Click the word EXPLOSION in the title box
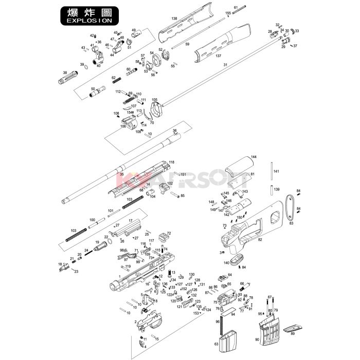click(x=86, y=21)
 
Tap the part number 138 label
click(x=174, y=19)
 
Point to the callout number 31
click(x=225, y=65)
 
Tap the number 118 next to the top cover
click(x=172, y=162)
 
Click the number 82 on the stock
click(x=260, y=240)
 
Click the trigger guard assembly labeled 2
click(x=150, y=322)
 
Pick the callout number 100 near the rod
click(x=93, y=220)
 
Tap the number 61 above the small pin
click(x=235, y=8)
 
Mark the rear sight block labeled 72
click(x=165, y=237)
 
